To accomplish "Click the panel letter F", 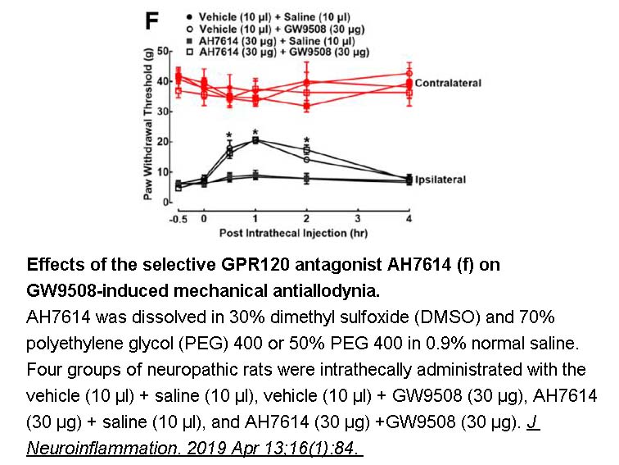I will [x=151, y=21].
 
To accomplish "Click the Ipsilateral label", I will [x=441, y=179].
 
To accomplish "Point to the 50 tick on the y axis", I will [x=162, y=52].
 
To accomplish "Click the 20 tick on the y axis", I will [x=162, y=142].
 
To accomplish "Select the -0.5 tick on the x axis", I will [x=178, y=219].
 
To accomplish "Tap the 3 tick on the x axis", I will [x=358, y=219].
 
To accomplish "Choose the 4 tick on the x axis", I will [x=409, y=219].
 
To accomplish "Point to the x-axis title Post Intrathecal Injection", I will [x=293, y=233].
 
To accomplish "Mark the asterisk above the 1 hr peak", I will [x=255, y=132].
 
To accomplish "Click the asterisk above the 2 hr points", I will [x=306, y=140].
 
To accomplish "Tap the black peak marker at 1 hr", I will [x=255, y=140].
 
